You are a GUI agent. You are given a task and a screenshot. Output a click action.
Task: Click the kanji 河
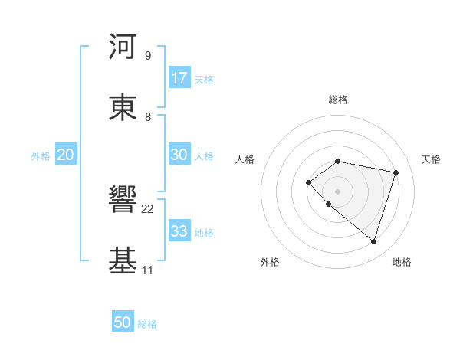click(x=123, y=47)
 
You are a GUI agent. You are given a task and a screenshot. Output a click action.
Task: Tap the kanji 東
click(x=123, y=108)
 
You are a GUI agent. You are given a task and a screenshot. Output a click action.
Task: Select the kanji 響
click(x=123, y=200)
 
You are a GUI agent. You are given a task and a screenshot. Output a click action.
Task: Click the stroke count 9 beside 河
click(x=148, y=56)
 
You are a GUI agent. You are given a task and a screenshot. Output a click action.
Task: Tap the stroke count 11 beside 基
click(x=148, y=270)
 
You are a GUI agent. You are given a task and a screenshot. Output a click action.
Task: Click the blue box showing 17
click(x=179, y=78)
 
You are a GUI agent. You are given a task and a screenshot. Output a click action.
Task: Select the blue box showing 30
click(x=179, y=155)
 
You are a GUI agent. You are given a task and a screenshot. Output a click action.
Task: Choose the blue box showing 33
click(x=179, y=231)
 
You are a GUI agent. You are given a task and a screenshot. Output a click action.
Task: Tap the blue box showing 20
click(x=66, y=155)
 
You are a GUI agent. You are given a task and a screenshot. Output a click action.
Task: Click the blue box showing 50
click(x=123, y=322)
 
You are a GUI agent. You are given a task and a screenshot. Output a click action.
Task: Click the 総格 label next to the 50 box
click(x=147, y=324)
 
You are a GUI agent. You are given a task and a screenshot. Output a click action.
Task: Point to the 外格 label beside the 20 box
click(x=41, y=156)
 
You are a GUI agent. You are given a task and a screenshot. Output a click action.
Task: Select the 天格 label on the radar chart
click(x=432, y=159)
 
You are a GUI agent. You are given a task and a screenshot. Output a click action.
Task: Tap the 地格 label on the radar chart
click(x=402, y=262)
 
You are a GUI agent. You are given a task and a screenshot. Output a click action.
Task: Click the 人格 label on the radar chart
click(x=245, y=159)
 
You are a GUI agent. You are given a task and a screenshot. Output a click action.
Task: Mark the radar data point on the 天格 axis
click(x=396, y=172)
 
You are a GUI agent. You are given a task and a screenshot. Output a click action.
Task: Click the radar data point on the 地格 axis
click(x=373, y=242)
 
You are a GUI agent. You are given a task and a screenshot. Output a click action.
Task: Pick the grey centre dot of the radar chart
click(x=337, y=191)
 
